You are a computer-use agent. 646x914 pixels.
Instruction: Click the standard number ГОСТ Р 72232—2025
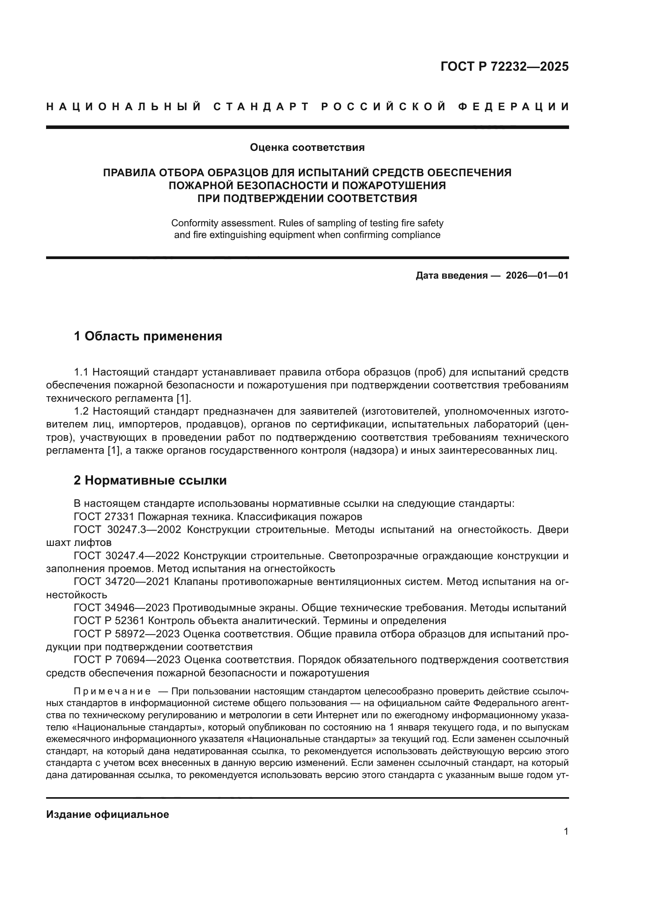click(504, 66)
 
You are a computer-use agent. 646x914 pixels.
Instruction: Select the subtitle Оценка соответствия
click(307, 147)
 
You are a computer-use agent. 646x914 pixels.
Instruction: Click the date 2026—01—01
click(537, 275)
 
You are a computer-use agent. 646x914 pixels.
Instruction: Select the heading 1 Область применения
click(148, 336)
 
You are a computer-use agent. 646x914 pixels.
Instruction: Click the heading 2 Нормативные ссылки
click(150, 481)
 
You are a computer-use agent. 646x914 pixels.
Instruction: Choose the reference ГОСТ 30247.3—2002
click(127, 530)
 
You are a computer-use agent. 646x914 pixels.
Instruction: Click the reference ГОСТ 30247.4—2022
click(127, 556)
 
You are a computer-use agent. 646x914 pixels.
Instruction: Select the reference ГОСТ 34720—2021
click(122, 581)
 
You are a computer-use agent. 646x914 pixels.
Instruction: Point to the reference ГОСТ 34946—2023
click(122, 608)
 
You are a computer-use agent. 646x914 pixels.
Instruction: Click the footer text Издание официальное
click(107, 815)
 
